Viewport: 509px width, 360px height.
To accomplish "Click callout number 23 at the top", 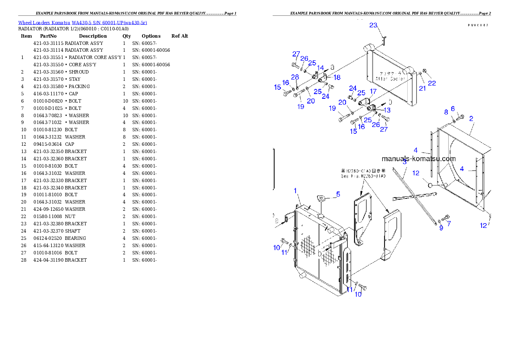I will [x=373, y=25].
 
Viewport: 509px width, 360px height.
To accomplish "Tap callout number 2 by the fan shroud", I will [x=405, y=162].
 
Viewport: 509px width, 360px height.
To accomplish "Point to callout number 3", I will [x=405, y=162].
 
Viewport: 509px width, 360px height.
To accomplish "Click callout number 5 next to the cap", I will [x=338, y=194].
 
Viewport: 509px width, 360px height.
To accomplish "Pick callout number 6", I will [x=453, y=109].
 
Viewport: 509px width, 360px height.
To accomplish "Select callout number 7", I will [x=449, y=223].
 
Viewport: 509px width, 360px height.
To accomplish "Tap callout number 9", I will [x=441, y=228].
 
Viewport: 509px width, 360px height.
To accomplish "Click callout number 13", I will [x=387, y=110].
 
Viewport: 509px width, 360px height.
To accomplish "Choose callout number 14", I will [x=320, y=68].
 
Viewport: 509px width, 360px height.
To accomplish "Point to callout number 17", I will [x=373, y=91].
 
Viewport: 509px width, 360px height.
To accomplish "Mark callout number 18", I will [x=337, y=77].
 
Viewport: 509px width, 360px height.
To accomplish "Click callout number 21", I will [x=423, y=88].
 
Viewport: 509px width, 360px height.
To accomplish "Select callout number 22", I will [x=432, y=83].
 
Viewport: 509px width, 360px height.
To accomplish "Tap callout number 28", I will [x=295, y=77].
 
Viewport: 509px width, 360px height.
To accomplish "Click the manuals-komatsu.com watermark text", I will [x=418, y=159].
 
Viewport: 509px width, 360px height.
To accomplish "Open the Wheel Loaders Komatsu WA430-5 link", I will [x=83, y=23].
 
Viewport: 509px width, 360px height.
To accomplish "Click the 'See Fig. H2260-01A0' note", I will [x=363, y=176].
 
